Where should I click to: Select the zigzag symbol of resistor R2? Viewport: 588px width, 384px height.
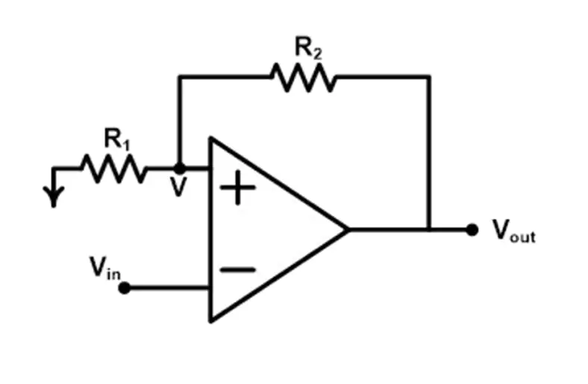point(303,76)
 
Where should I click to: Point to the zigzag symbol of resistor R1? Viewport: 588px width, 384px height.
point(113,169)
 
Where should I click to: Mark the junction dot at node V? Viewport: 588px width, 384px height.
point(179,169)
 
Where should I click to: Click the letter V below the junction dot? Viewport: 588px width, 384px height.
point(178,188)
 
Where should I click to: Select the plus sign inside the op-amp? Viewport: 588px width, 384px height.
point(238,189)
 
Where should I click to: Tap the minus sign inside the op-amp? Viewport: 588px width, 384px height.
point(238,270)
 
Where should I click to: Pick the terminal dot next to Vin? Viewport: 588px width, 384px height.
point(124,288)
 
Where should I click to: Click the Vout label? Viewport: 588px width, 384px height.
point(513,231)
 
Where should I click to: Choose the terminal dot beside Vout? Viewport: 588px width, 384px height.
point(472,229)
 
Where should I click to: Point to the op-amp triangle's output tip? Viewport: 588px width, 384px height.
point(347,229)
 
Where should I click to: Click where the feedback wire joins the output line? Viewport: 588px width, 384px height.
point(429,229)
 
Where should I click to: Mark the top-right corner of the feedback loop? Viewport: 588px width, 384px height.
point(429,76)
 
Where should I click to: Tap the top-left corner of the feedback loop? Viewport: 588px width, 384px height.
point(179,76)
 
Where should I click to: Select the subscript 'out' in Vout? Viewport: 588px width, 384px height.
point(523,237)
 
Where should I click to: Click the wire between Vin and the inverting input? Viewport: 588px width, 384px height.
point(167,288)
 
